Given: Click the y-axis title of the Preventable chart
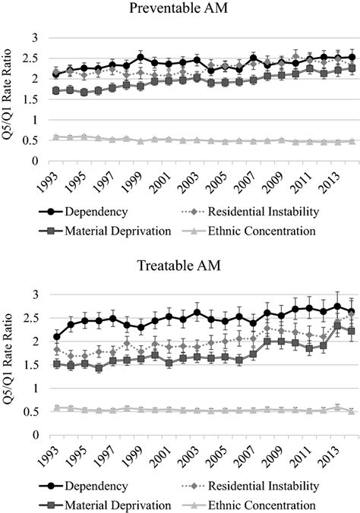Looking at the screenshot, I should (10, 99).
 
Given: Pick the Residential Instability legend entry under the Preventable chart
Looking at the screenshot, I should (251, 211).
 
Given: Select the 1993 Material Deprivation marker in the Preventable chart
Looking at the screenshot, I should (55, 90).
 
